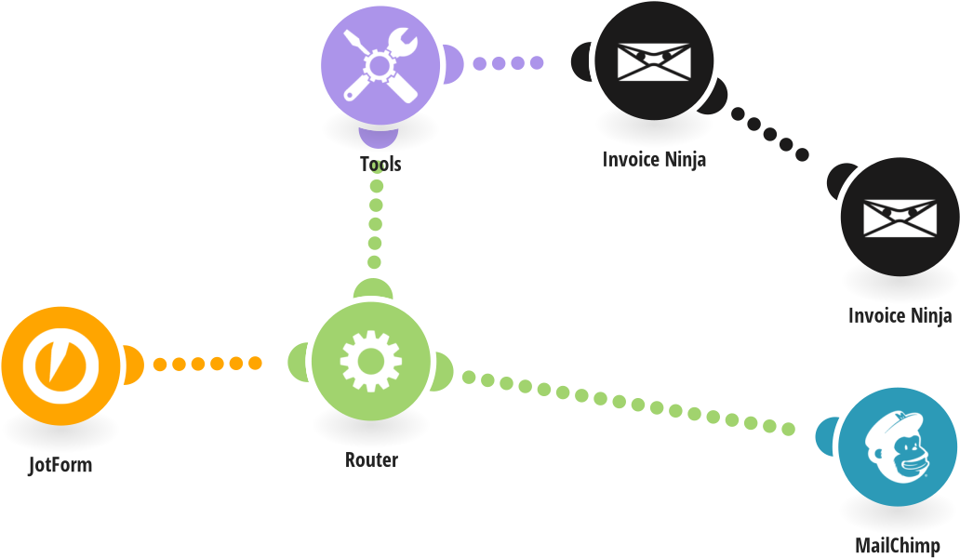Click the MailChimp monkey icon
pos(897,447)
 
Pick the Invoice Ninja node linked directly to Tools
pos(654,61)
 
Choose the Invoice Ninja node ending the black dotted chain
pos(900,217)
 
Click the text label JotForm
pos(60,465)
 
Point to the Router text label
pos(371,459)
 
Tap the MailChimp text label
pos(897,545)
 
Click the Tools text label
pos(380,164)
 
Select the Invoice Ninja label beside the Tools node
pos(654,159)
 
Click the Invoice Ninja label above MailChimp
pos(900,315)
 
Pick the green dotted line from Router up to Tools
pos(375,224)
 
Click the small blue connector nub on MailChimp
pos(825,437)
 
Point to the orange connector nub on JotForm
pos(131,363)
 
